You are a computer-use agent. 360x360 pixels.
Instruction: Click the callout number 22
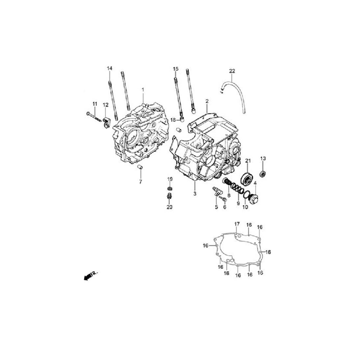(x=232, y=71)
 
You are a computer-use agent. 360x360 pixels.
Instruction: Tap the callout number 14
(x=110, y=68)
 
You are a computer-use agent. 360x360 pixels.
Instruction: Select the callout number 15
(x=176, y=69)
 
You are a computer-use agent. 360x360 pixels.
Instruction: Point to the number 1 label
(x=143, y=90)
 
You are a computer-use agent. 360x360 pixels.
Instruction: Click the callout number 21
(x=248, y=161)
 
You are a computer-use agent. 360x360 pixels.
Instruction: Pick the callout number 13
(x=263, y=158)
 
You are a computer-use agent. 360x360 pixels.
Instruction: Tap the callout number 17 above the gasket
(x=237, y=224)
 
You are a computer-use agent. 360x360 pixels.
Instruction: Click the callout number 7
(x=140, y=182)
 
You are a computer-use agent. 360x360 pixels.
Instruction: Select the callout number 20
(x=169, y=207)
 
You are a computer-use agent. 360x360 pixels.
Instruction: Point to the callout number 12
(x=105, y=105)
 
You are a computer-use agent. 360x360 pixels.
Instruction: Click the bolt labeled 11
(x=93, y=117)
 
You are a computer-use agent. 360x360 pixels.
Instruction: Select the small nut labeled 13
(x=263, y=173)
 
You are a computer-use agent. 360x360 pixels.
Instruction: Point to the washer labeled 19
(x=170, y=189)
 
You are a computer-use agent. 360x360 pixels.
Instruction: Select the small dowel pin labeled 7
(x=140, y=167)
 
